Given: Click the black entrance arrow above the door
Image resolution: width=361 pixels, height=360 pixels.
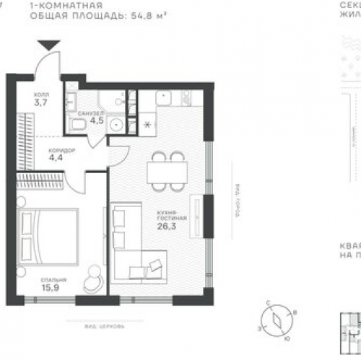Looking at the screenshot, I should click(49, 45).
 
